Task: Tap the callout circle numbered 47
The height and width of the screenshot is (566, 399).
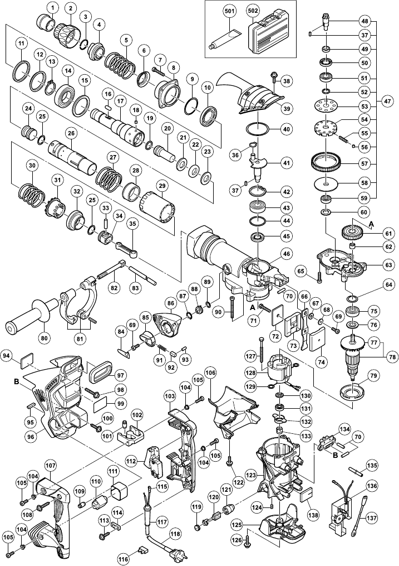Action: coord(387,101)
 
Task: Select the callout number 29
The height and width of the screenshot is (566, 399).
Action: coord(162,186)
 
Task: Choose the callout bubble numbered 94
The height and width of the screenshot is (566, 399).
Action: coord(8,355)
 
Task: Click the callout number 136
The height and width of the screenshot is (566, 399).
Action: coord(372,486)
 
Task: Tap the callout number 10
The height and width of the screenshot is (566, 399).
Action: coord(207,88)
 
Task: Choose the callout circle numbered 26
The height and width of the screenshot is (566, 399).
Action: coord(70,133)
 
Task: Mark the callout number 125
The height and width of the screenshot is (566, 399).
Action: coord(237,525)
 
